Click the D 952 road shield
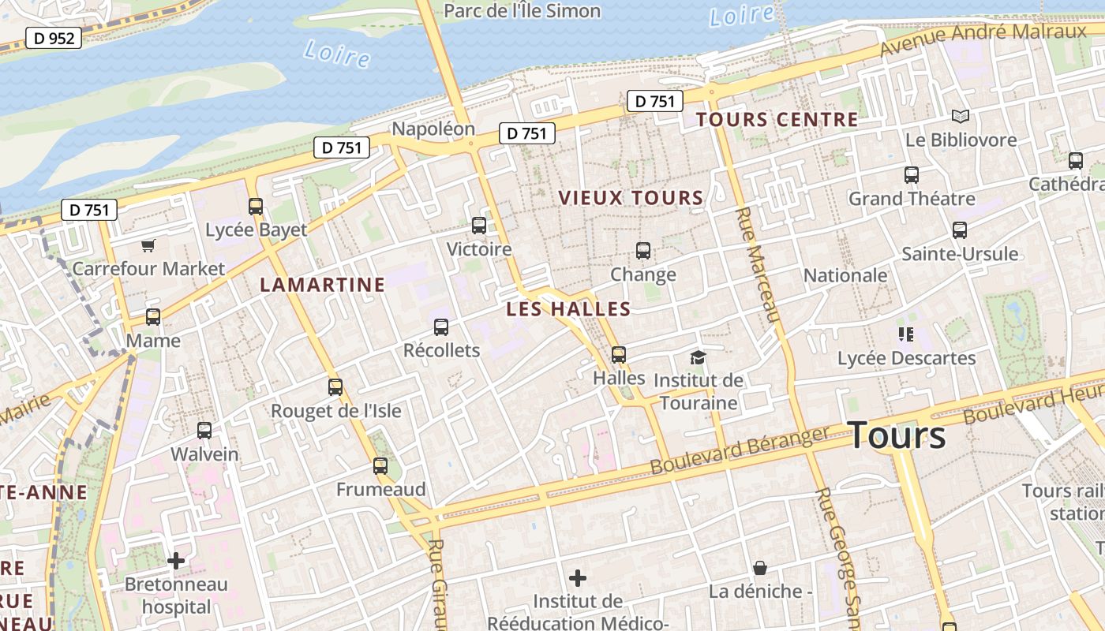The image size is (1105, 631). (54, 38)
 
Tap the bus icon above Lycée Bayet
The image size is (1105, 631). (255, 207)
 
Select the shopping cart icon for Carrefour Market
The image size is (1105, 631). (148, 246)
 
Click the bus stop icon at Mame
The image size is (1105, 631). (153, 317)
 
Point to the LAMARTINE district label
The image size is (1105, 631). (323, 285)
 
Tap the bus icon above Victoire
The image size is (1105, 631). (478, 226)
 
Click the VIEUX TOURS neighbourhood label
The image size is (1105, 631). (631, 198)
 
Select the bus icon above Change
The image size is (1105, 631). (643, 251)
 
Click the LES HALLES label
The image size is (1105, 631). (568, 309)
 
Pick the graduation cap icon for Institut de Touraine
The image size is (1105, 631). (698, 357)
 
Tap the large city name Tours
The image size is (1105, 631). (897, 435)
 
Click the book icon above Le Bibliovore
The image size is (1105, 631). (960, 117)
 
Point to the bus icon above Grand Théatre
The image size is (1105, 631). (911, 175)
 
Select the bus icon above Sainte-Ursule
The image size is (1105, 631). (959, 230)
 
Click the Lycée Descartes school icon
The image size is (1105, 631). (905, 334)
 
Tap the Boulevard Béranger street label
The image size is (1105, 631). (740, 450)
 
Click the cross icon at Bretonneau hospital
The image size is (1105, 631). (176, 561)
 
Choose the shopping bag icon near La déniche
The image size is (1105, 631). (759, 568)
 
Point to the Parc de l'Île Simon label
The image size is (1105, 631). (522, 11)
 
